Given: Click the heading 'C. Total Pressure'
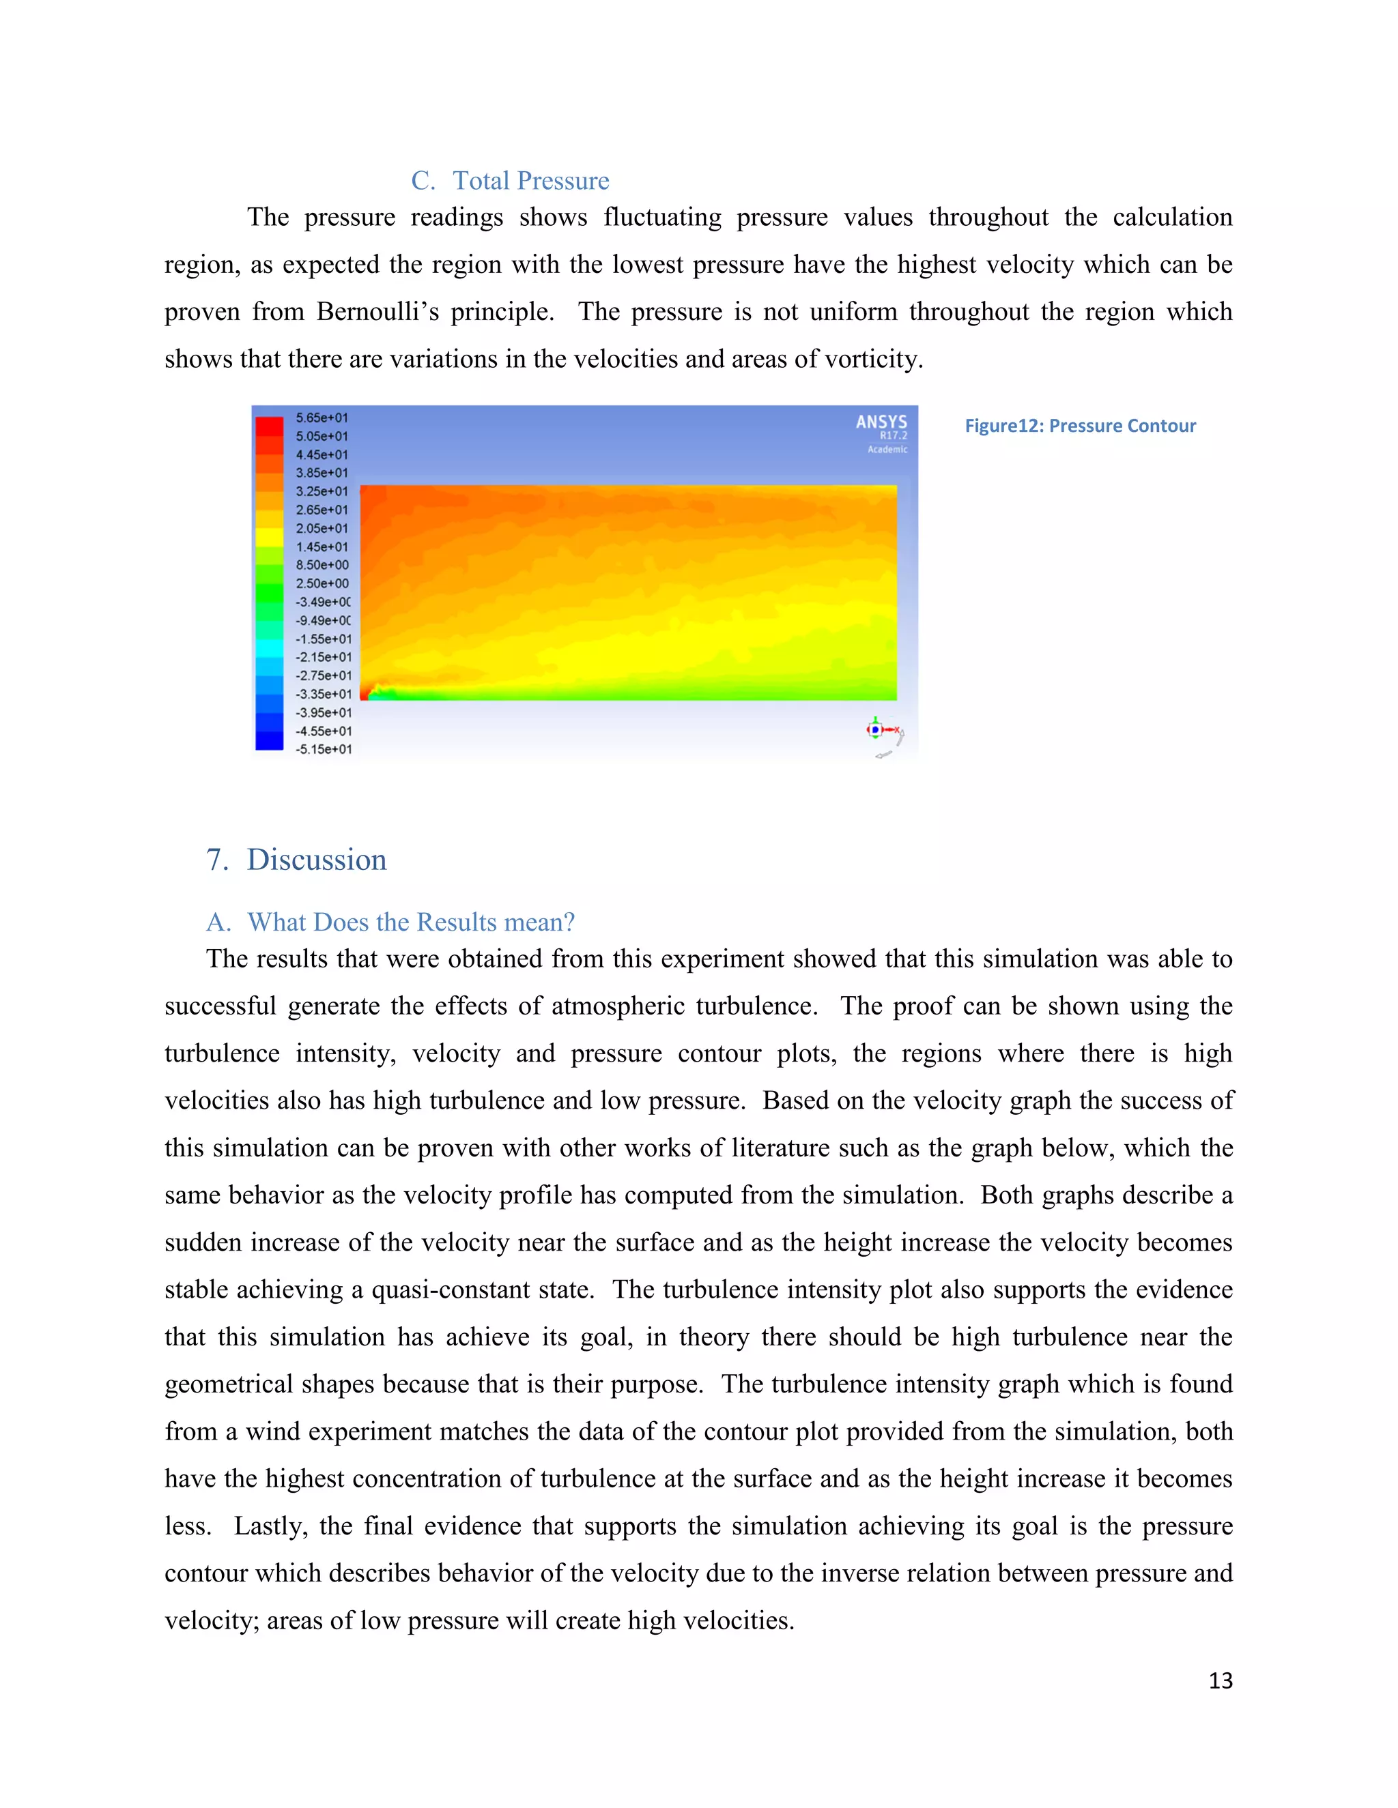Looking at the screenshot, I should (510, 181).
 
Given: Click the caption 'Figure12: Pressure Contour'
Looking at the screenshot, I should (1079, 426).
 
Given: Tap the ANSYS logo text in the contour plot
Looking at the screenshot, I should (881, 422).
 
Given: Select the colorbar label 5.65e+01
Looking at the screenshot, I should (322, 418).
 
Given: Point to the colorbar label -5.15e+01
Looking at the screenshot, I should (324, 749).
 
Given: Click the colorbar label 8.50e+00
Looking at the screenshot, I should (322, 565).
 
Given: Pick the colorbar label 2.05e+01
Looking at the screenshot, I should (322, 528).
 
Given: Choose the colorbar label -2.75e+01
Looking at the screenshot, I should (324, 675).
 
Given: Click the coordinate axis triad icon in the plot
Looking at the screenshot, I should (877, 729).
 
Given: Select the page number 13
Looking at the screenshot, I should (1220, 1680).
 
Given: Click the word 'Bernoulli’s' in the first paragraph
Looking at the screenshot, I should (377, 311).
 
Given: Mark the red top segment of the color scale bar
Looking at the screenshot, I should (269, 426).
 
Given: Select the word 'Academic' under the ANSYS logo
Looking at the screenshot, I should (887, 450).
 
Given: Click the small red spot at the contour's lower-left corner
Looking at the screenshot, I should (365, 694).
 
